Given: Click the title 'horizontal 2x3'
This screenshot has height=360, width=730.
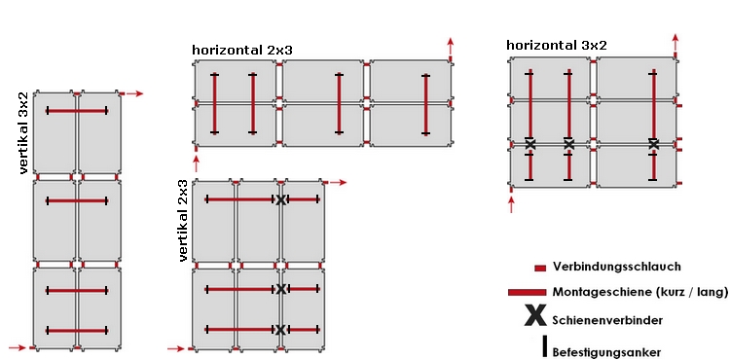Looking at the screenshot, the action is (242, 51).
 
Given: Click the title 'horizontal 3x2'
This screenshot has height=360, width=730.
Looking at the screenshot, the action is (557, 45).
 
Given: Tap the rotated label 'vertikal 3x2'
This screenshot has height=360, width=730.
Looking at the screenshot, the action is (23, 133).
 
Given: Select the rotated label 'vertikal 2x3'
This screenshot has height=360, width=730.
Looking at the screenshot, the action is (183, 220).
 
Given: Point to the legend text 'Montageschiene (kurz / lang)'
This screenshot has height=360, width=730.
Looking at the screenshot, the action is (640, 292).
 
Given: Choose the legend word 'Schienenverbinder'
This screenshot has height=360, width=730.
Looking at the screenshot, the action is (607, 320).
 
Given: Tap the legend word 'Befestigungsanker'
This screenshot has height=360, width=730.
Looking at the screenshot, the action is (606, 352).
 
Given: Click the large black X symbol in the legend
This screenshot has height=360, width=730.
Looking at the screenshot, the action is (535, 315).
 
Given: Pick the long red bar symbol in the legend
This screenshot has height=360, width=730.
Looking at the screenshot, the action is (527, 292).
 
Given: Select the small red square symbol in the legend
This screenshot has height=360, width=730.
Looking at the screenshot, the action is (540, 268).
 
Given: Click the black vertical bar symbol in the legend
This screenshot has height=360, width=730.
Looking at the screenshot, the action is (544, 346).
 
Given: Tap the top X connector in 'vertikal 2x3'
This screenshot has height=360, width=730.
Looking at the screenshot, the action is (280, 200).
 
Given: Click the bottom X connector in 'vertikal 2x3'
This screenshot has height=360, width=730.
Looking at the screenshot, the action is (280, 330).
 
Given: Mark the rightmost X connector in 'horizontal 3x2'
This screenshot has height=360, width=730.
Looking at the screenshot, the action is (654, 144).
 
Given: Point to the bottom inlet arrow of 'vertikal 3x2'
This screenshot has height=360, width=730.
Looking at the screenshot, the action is (18, 347).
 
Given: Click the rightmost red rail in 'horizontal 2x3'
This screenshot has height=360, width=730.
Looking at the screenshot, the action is (425, 104).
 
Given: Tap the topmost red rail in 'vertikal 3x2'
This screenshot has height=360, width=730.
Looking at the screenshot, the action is (77, 111).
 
